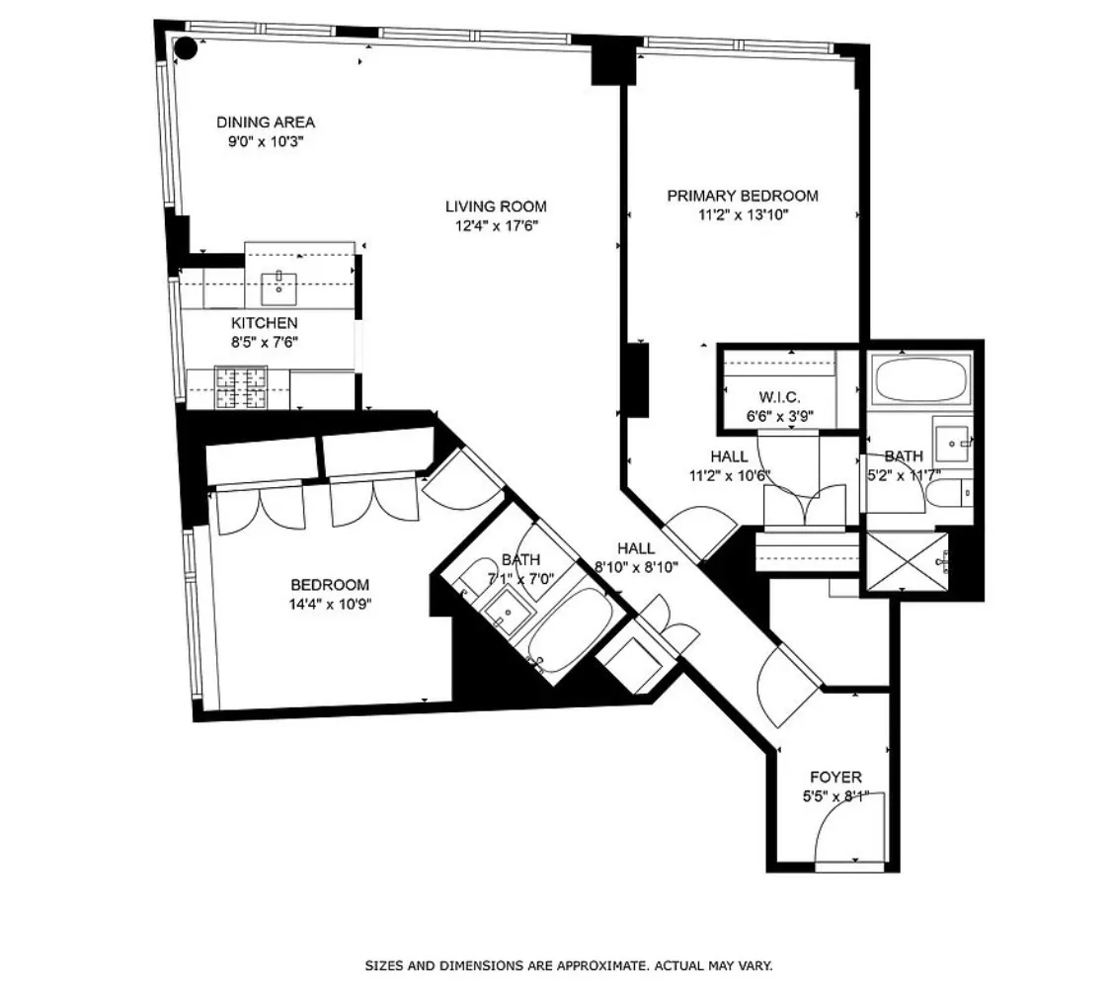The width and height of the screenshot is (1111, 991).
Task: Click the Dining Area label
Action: (266, 123)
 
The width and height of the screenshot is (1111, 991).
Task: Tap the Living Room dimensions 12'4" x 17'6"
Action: (495, 225)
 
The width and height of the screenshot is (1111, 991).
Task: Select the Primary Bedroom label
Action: (742, 196)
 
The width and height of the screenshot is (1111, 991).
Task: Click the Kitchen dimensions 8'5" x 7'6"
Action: (264, 342)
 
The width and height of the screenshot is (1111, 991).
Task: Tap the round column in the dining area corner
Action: (184, 47)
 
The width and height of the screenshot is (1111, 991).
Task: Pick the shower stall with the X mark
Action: (906, 563)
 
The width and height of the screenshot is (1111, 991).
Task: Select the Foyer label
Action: (834, 778)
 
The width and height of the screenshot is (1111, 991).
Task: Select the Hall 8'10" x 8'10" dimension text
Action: (636, 567)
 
